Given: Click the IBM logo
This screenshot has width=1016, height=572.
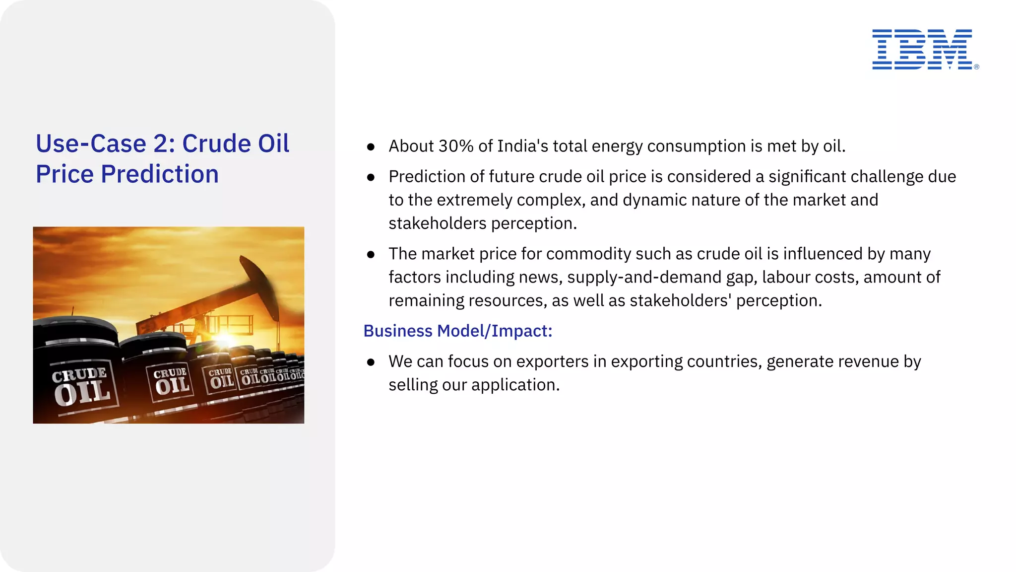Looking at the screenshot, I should tap(922, 49).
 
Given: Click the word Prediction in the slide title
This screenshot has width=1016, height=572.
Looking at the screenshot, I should tap(159, 174).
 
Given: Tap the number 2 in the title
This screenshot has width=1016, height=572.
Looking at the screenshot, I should tap(161, 144).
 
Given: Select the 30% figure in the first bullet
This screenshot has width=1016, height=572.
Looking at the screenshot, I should tap(456, 146).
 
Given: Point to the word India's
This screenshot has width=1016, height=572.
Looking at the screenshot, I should tap(522, 146).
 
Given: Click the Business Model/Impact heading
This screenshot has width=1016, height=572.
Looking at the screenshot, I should tap(457, 331).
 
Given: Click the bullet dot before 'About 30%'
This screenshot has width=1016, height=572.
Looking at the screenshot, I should tap(371, 147).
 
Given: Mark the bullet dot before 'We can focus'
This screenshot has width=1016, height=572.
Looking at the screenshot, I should tap(371, 362).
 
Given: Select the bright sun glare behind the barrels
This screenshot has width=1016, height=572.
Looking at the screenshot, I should tap(226, 339).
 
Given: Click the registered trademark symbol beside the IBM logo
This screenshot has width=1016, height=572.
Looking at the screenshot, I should tap(976, 67).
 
